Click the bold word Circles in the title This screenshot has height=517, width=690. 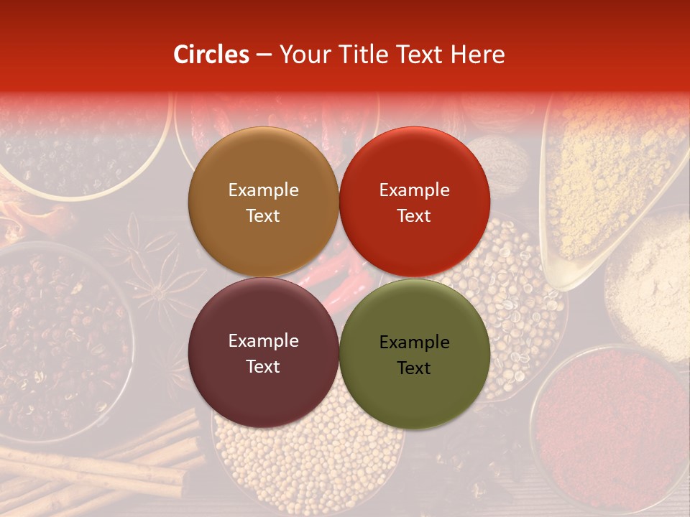[211, 55]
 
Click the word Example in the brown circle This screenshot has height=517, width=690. [263, 190]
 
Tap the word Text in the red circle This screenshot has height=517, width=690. [414, 216]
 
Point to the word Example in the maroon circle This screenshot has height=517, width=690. [263, 341]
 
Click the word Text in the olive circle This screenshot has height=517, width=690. [414, 368]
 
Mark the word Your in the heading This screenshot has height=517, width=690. [303, 55]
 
